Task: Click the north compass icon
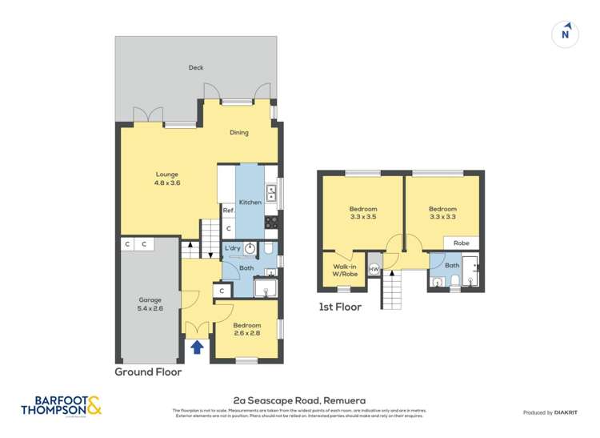click(566, 34)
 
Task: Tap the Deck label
click(196, 68)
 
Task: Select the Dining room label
click(239, 133)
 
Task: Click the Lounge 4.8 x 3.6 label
click(167, 179)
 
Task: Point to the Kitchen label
click(250, 203)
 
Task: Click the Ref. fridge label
click(228, 211)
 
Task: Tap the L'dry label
click(232, 247)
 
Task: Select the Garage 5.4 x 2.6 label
click(150, 304)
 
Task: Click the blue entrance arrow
click(197, 346)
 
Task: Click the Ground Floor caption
click(148, 372)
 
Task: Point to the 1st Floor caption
click(340, 307)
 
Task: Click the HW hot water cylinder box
click(374, 269)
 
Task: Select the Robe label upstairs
click(462, 243)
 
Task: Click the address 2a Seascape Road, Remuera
click(299, 400)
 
